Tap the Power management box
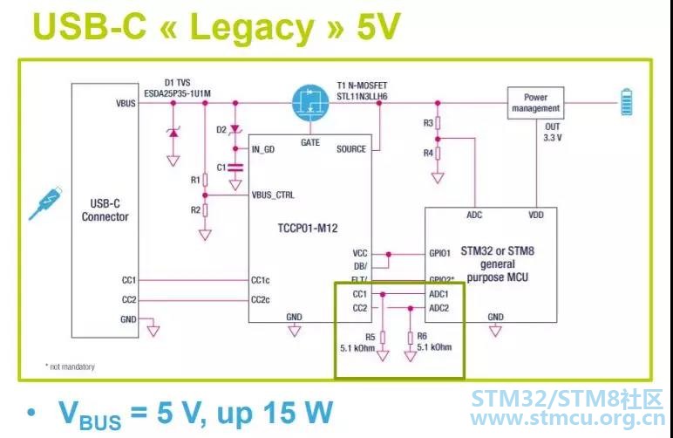(536, 103)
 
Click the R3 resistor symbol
(438, 123)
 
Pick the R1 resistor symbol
(205, 181)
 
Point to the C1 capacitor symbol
(234, 166)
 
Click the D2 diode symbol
(234, 130)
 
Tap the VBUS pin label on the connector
(125, 103)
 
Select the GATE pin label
(310, 141)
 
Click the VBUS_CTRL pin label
(273, 194)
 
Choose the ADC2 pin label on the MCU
(438, 307)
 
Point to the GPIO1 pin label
(438, 254)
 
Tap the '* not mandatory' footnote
(70, 366)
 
